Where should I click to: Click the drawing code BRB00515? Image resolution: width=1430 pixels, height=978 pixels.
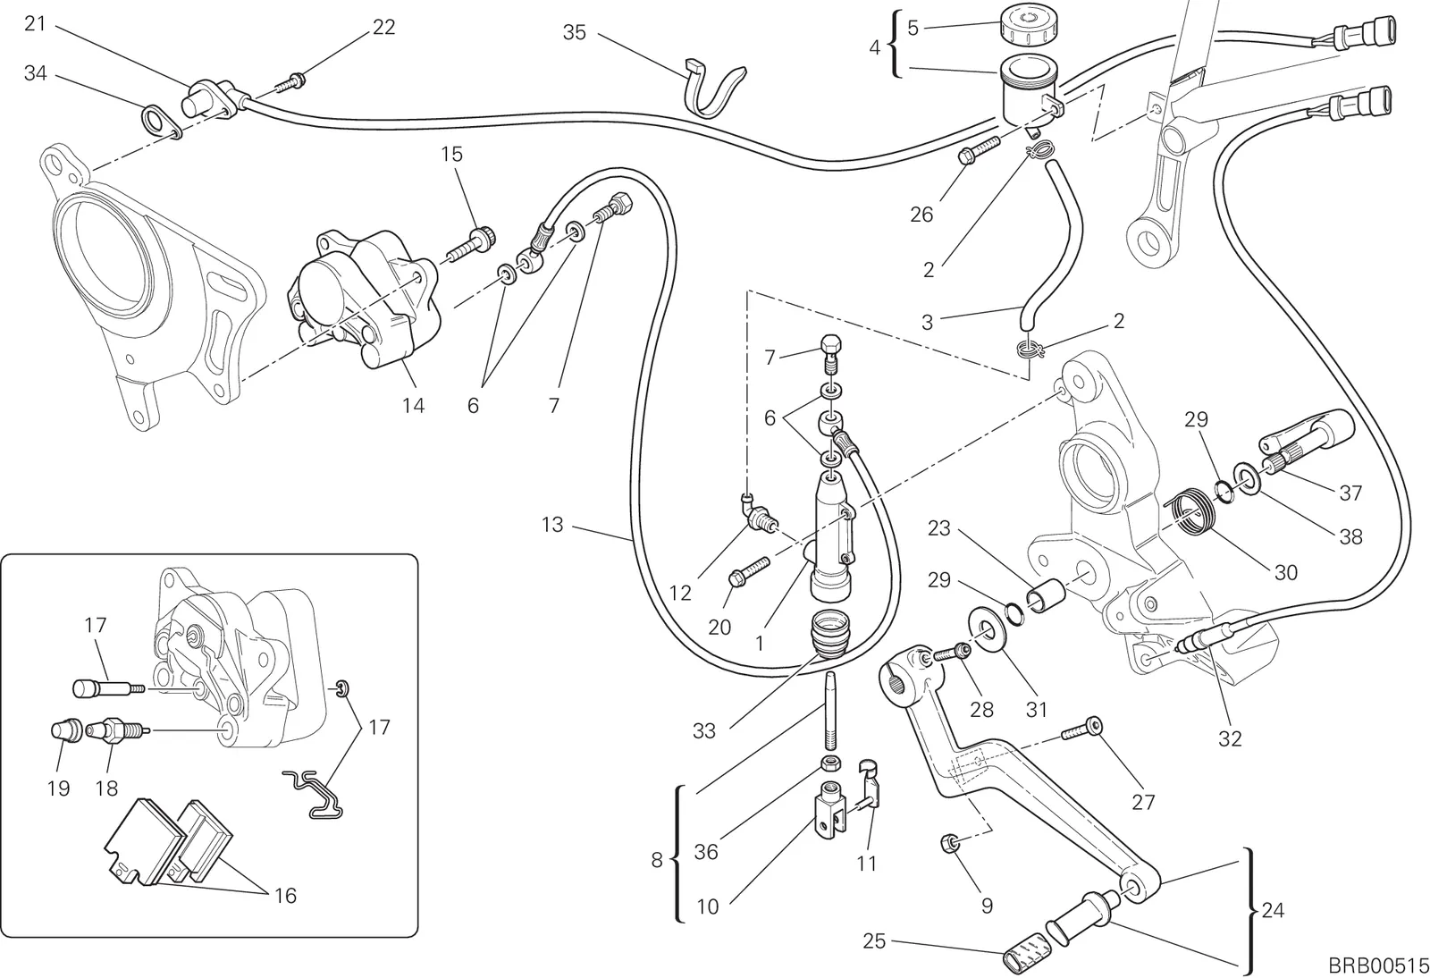[1377, 964]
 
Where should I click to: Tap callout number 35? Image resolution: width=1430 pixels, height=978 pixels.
[575, 32]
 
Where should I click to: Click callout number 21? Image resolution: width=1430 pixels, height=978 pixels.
[35, 23]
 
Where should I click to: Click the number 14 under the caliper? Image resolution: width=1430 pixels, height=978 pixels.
[414, 405]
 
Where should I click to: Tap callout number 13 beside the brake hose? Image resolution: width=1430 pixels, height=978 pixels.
[552, 525]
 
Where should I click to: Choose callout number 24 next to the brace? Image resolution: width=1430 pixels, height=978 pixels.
[1273, 910]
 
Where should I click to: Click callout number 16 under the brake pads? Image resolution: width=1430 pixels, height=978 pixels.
[285, 897]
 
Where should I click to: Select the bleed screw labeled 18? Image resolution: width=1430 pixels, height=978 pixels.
[118, 729]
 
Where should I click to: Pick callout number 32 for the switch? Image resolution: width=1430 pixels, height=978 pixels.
[1230, 738]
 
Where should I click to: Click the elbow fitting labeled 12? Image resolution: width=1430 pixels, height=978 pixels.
[758, 519]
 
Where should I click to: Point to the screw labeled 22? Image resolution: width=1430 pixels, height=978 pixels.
[291, 82]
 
